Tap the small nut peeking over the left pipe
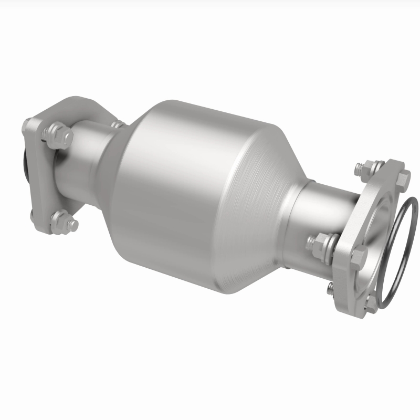coord(118,124)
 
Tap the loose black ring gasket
coord(402,247)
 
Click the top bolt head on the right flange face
coord(403,179)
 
